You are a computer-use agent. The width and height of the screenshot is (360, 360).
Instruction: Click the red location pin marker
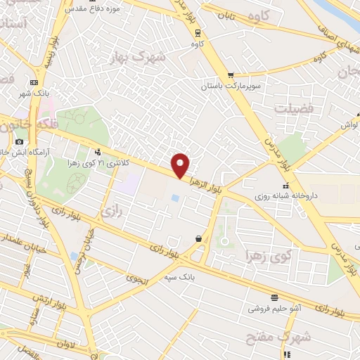(x=181, y=165)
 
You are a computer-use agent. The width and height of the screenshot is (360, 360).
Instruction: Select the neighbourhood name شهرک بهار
(x=141, y=57)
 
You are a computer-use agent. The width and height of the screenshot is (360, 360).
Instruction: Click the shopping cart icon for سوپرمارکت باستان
(x=230, y=75)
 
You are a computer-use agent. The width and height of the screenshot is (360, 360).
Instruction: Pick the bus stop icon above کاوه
(x=198, y=32)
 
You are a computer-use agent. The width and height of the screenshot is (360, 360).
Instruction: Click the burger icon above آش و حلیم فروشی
(x=273, y=297)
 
